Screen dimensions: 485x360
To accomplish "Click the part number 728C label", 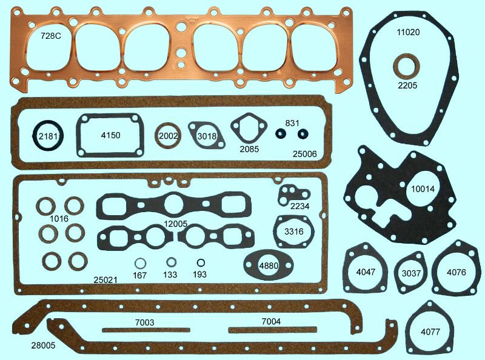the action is pos(51,36).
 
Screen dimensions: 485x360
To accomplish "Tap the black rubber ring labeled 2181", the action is pos(35,136).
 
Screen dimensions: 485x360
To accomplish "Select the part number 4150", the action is pos(110,135).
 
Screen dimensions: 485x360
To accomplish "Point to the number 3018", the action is pos(207,136).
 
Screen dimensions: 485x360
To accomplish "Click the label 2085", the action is pos(249,149).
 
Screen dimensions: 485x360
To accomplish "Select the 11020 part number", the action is pos(408,32).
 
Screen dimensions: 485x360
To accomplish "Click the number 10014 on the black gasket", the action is pos(423,189).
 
